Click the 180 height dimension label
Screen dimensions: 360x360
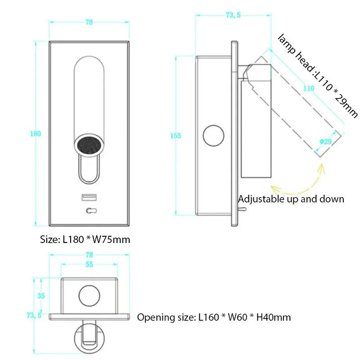click(x=36, y=134)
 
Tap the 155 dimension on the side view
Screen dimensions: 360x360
click(x=176, y=136)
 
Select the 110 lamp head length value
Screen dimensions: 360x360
click(x=309, y=89)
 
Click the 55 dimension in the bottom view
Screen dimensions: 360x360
click(x=89, y=265)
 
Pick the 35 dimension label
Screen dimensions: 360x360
click(x=41, y=296)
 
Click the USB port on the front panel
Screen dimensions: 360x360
click(x=87, y=198)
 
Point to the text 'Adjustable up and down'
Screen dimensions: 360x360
click(x=291, y=199)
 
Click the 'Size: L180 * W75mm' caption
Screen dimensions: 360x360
click(x=85, y=239)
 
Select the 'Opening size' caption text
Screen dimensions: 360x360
click(x=214, y=318)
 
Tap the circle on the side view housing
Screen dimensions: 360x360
click(x=214, y=135)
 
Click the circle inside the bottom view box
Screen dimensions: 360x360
click(x=89, y=296)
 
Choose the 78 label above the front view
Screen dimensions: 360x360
click(x=89, y=22)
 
